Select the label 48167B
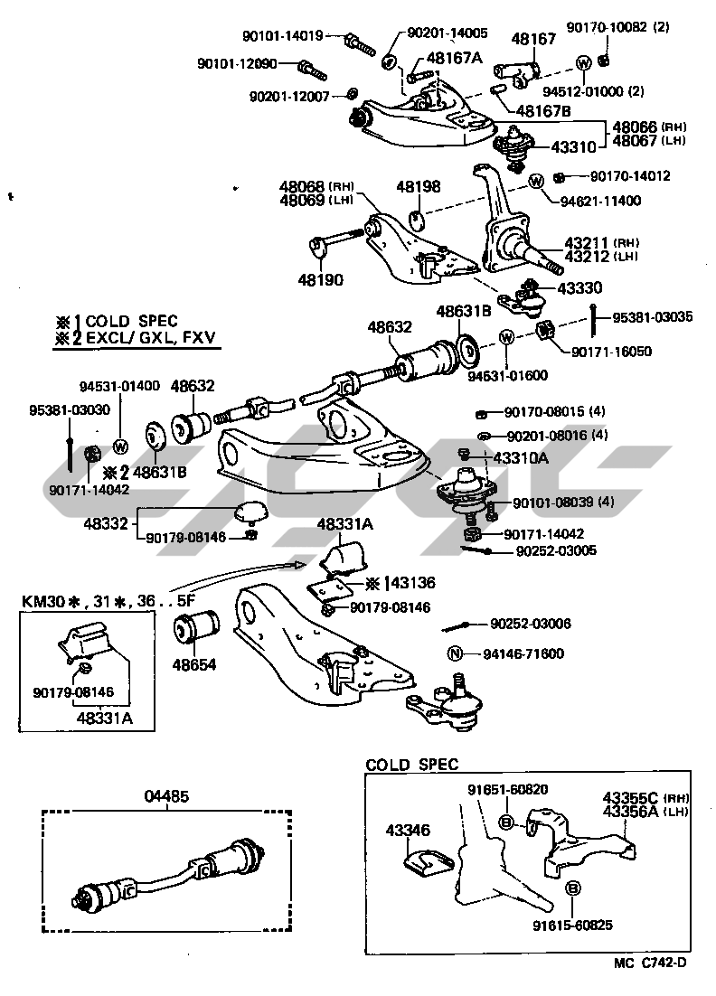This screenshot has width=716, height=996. (544, 111)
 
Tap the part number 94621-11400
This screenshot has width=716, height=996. (600, 201)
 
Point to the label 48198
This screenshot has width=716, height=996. (419, 187)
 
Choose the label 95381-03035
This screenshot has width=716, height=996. (653, 316)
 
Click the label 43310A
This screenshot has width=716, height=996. (519, 458)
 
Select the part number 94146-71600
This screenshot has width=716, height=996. (523, 653)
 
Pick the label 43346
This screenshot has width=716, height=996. (407, 829)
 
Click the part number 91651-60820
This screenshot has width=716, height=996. (507, 789)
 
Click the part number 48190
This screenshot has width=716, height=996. (320, 280)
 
